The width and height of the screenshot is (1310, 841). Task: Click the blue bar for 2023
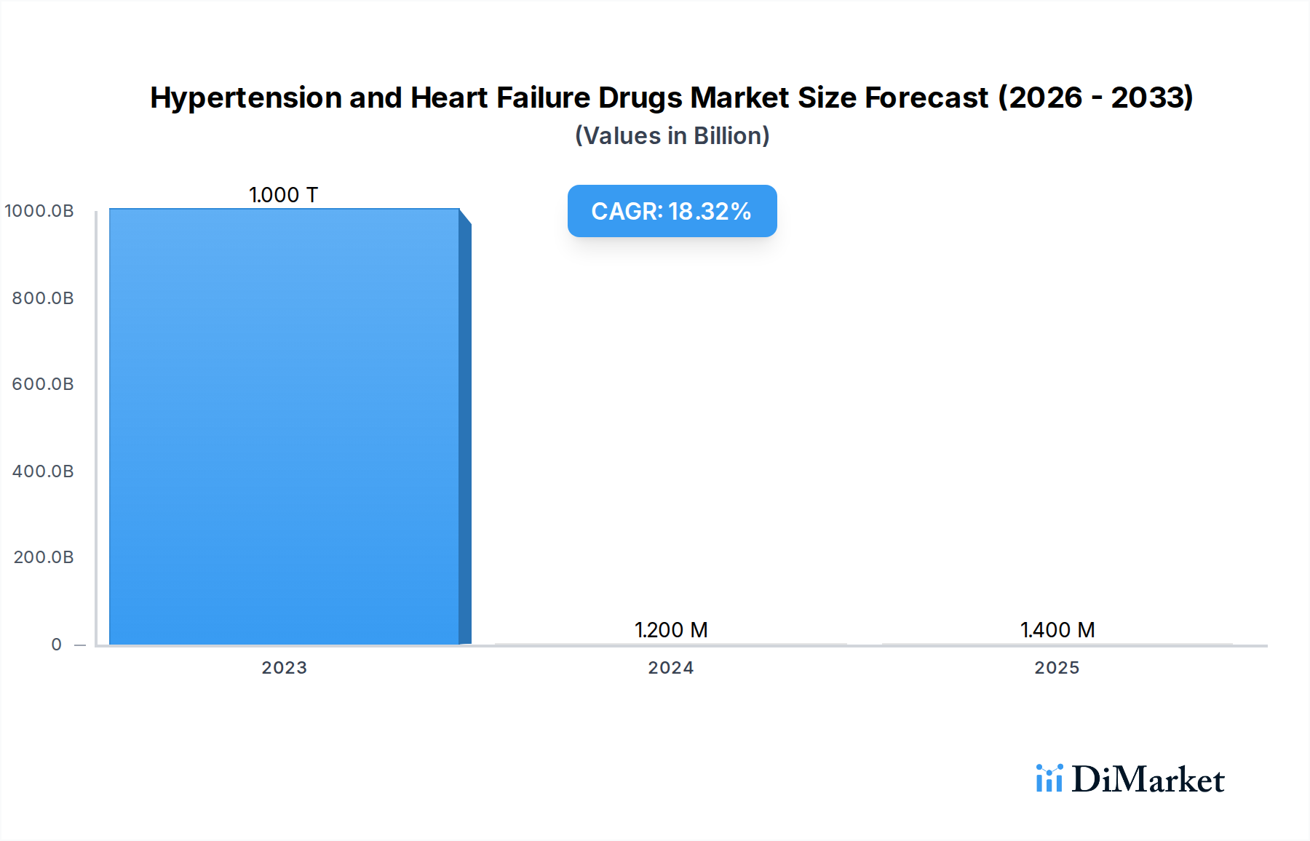[x=284, y=426]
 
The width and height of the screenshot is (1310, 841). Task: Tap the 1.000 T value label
[x=284, y=195]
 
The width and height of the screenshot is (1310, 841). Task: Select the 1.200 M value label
[x=671, y=630]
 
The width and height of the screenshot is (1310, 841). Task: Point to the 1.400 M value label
[x=1057, y=630]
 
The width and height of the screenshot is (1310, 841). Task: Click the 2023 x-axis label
[x=284, y=668]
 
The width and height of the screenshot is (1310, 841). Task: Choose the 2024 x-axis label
[x=671, y=668]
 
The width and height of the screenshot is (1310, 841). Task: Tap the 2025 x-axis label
[x=1057, y=668]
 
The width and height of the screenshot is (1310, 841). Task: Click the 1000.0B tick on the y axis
[x=39, y=211]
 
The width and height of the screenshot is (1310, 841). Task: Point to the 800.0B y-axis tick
[x=43, y=298]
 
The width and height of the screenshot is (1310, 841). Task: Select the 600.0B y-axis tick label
[x=43, y=384]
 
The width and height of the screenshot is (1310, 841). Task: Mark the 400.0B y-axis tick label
[x=43, y=471]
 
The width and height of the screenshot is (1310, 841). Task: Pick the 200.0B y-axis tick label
[x=43, y=557]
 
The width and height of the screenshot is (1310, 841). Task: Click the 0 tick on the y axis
[x=57, y=645]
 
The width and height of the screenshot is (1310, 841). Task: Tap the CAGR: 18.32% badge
[x=672, y=211]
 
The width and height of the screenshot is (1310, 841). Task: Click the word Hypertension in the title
[x=246, y=98]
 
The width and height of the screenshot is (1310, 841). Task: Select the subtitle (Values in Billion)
[x=672, y=136]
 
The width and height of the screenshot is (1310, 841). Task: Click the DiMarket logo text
[x=1148, y=780]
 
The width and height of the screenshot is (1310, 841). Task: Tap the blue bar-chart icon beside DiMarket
[x=1049, y=778]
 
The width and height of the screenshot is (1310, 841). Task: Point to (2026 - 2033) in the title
[x=1095, y=97]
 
